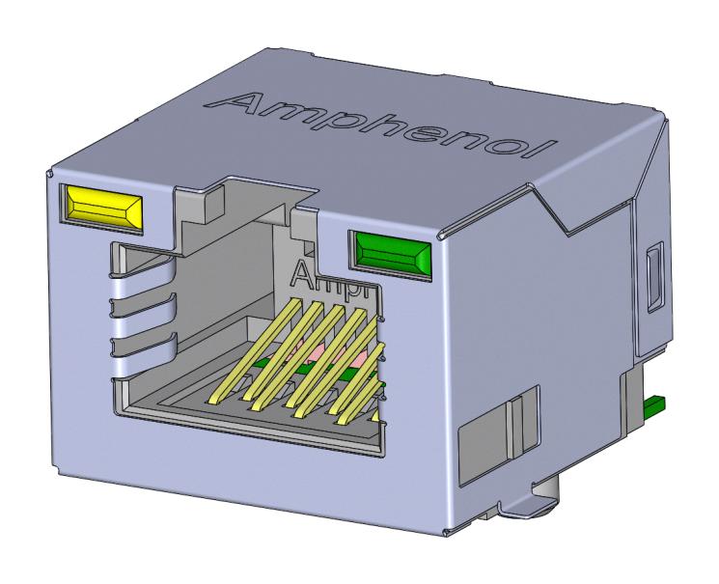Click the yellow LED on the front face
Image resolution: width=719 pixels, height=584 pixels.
102,208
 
